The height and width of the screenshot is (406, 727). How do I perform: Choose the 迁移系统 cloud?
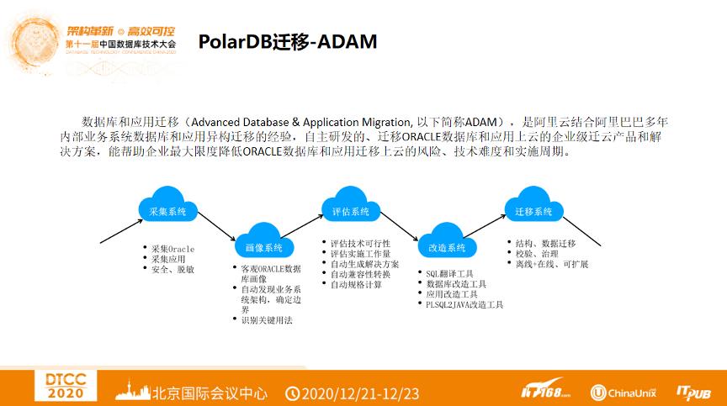coord(533,210)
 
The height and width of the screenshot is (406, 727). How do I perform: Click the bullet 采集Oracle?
coord(172,249)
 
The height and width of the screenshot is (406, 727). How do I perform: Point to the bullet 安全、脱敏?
coord(172,269)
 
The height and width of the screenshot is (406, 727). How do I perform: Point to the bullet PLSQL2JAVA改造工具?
coord(464,304)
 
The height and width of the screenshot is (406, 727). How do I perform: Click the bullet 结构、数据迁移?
coord(545,244)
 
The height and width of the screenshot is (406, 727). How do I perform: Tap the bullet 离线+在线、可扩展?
coord(551,264)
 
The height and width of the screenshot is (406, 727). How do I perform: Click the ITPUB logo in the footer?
coord(694,391)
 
